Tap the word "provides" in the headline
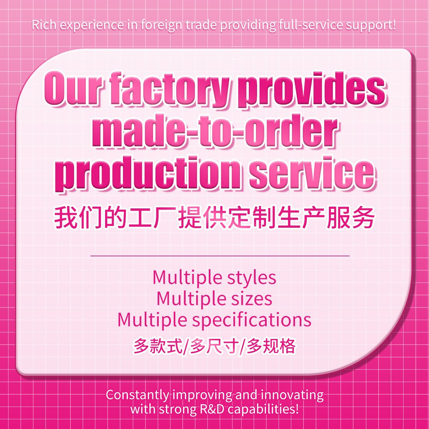point(311,89)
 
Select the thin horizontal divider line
point(220,256)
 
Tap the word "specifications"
point(252,320)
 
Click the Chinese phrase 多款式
point(158,346)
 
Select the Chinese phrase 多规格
point(271,346)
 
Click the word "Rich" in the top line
point(43,25)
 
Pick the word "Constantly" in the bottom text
point(137,395)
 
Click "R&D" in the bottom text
point(211,409)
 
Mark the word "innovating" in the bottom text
point(292,395)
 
